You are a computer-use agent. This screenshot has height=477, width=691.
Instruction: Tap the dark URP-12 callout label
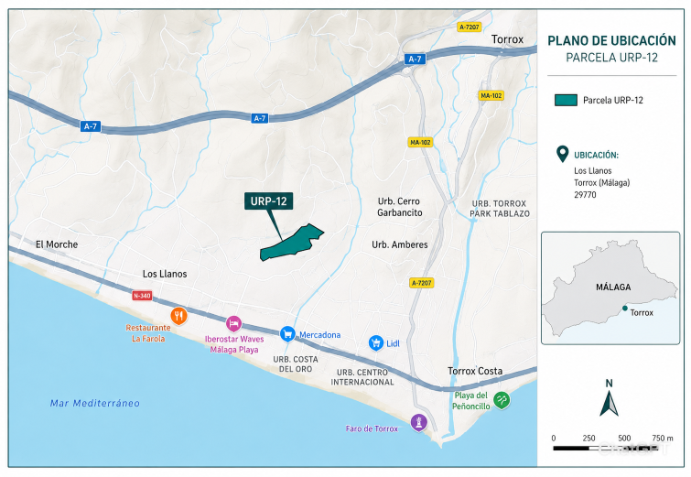pyautogui.click(x=269, y=201)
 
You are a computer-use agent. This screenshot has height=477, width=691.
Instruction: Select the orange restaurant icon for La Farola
pyautogui.click(x=178, y=316)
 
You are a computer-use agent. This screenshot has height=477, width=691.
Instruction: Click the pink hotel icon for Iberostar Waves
pyautogui.click(x=233, y=324)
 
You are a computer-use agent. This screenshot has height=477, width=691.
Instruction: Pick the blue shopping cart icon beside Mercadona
pyautogui.click(x=287, y=334)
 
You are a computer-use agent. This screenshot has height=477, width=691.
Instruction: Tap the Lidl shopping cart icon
pyautogui.click(x=376, y=342)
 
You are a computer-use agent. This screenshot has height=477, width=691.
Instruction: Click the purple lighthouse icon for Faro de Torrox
pyautogui.click(x=418, y=422)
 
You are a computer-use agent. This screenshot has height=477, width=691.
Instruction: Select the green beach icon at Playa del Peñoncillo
pyautogui.click(x=502, y=400)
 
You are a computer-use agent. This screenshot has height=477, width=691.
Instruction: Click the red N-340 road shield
pyautogui.click(x=142, y=296)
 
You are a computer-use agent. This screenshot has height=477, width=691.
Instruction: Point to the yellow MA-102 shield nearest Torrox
pyautogui.click(x=491, y=95)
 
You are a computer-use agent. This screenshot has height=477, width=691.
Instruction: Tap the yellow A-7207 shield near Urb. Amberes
pyautogui.click(x=422, y=283)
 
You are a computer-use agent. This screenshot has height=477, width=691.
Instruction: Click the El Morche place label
pyautogui.click(x=57, y=244)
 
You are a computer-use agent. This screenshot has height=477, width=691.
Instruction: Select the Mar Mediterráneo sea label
pyautogui.click(x=95, y=403)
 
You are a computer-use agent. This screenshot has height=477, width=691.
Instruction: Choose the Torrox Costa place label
pyautogui.click(x=475, y=371)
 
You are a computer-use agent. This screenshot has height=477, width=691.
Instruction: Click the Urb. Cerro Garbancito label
pyautogui.click(x=400, y=207)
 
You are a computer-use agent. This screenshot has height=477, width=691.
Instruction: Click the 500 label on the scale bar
pyautogui.click(x=624, y=439)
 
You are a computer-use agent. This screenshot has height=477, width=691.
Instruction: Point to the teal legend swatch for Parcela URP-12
pyautogui.click(x=566, y=100)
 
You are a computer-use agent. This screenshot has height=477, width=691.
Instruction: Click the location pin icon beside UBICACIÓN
pyautogui.click(x=562, y=154)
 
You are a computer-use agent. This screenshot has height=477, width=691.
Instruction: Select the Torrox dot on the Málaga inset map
pyautogui.click(x=625, y=309)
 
